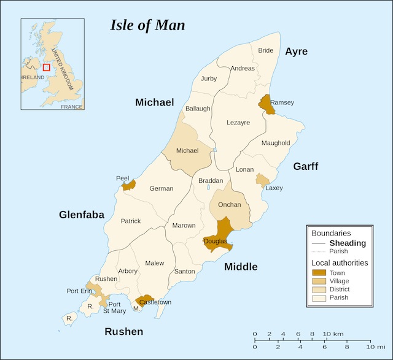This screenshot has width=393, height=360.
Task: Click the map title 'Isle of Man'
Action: coord(147,25)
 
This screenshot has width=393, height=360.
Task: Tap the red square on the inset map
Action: coord(46,67)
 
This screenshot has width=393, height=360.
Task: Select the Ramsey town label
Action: coord(282,102)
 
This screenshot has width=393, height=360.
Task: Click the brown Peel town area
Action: coord(129,185)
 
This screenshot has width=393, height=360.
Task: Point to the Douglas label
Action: coord(215,242)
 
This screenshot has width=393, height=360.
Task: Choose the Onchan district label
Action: coord(230,205)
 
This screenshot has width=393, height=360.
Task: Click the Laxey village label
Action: coord(274,188)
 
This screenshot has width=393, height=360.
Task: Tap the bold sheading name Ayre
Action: coord(296,52)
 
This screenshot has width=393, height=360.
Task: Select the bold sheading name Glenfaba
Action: coord(82,215)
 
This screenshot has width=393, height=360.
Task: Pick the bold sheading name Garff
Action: coord(305,166)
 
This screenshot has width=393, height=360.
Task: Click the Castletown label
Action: coord(155,302)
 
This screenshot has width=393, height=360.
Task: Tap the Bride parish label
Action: coord(265,50)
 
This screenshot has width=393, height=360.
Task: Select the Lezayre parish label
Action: coord(238,123)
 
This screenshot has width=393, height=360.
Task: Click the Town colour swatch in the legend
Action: coord(318,272)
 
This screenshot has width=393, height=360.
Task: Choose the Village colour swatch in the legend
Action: coord(318,281)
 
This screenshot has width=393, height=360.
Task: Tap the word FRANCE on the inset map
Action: coord(71,107)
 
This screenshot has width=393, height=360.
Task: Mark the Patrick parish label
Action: coord(131,221)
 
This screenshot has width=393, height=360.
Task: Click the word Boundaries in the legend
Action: coord(331,233)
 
